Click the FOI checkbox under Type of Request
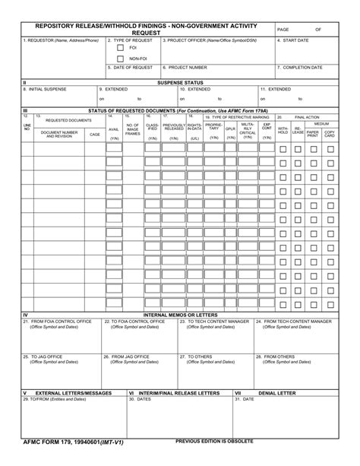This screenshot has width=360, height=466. click(x=120, y=48)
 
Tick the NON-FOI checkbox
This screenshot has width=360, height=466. click(x=120, y=59)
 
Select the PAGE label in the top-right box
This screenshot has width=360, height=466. click(x=283, y=29)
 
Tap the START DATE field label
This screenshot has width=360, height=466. click(x=293, y=40)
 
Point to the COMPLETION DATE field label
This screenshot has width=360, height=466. click(x=301, y=68)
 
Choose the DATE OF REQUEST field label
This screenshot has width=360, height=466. click(x=132, y=68)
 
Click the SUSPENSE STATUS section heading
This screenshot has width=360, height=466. click(x=179, y=82)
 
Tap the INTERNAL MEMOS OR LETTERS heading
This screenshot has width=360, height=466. click(x=179, y=315)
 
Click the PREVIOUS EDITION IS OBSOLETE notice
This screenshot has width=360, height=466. click(x=215, y=441)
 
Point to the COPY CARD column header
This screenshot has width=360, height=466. click(x=330, y=133)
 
